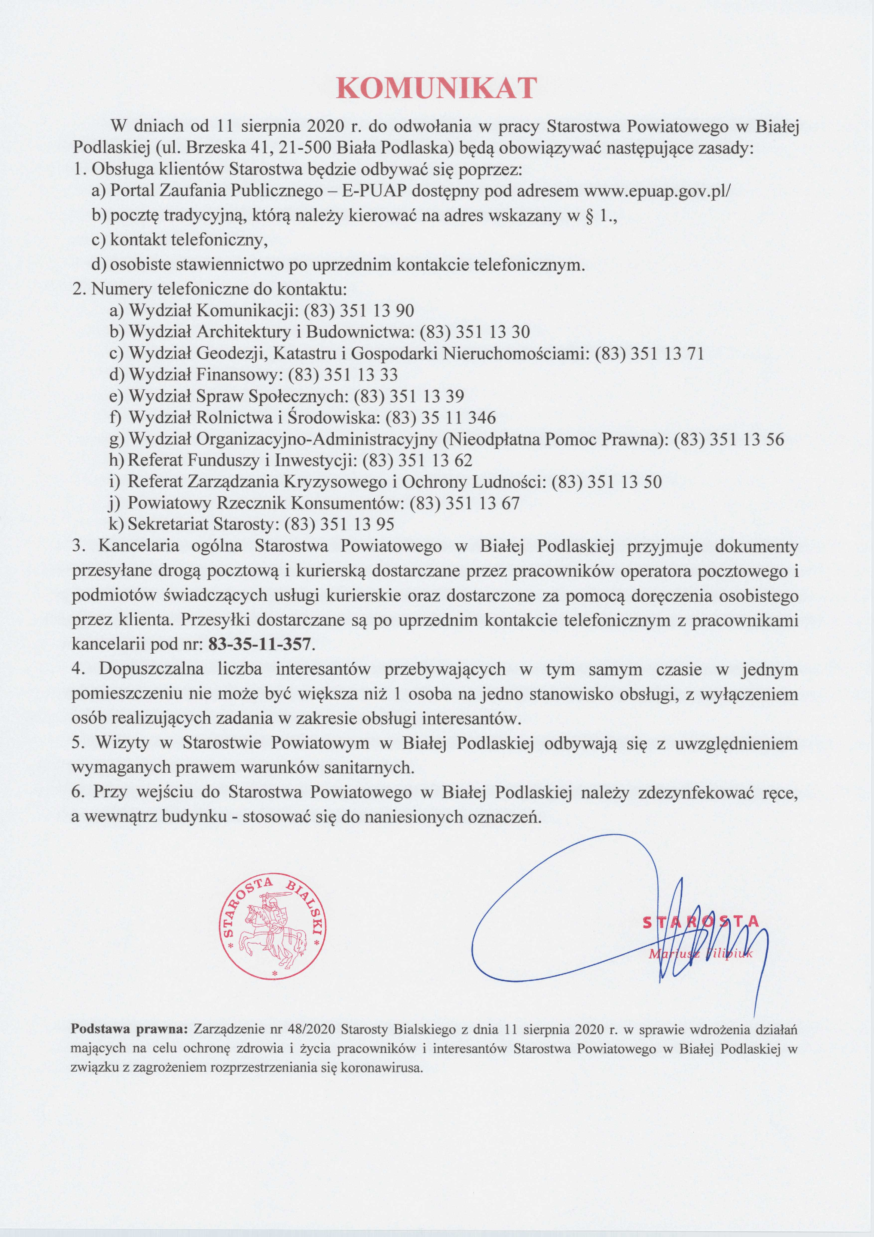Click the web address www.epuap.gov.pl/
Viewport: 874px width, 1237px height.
point(657,191)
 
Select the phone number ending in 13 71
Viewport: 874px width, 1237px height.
point(649,354)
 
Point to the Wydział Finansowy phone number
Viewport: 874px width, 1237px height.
point(343,375)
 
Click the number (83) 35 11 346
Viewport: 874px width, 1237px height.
point(441,418)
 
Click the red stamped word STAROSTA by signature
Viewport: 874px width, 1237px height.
point(700,922)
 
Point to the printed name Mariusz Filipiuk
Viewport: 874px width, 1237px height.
point(700,954)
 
